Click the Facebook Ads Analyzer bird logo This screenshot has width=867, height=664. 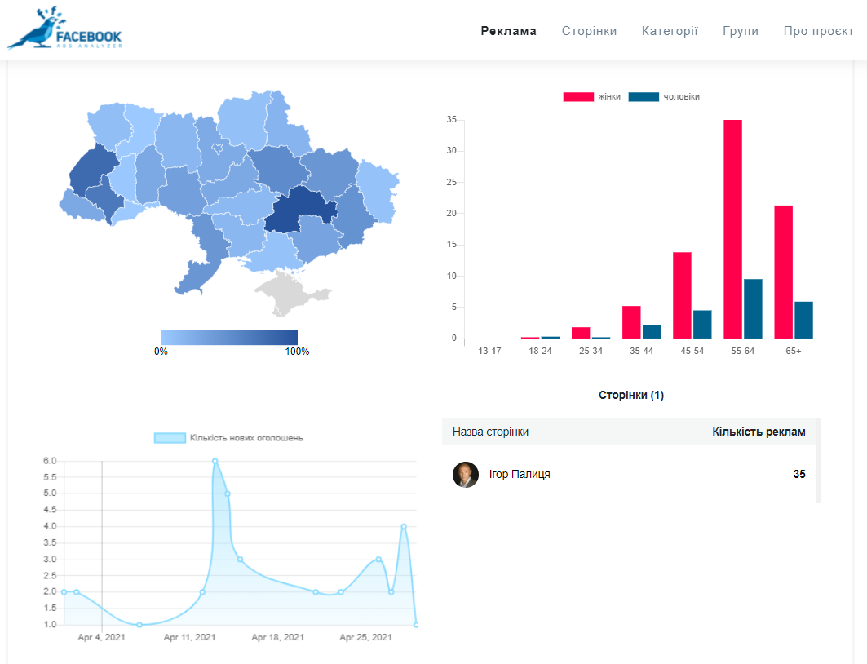pos(64,29)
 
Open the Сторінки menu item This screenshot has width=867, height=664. pos(589,31)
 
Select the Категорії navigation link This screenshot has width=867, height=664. pos(670,31)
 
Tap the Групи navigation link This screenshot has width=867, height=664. pos(741,32)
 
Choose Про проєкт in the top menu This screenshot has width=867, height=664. pos(818,32)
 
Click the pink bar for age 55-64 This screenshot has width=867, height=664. pos(732,229)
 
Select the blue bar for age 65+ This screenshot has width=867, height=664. pos(803,320)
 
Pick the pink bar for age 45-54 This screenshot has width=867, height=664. pos(682,295)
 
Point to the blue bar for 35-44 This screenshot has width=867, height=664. pos(652,332)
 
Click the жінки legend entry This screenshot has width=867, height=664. pos(591,97)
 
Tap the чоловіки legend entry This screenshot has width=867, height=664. pos(664,97)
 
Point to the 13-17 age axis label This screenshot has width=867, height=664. pos(489,351)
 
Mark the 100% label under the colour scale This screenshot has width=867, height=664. pos(297,352)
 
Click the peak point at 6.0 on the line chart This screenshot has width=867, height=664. pos(215,461)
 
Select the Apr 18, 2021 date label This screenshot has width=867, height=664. pos(277,637)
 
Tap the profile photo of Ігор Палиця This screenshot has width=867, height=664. pos(466,475)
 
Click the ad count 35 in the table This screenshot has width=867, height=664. pos(799,475)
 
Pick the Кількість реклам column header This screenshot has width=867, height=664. pos(759,432)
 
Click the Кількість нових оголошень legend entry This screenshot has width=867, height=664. pos(228,438)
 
